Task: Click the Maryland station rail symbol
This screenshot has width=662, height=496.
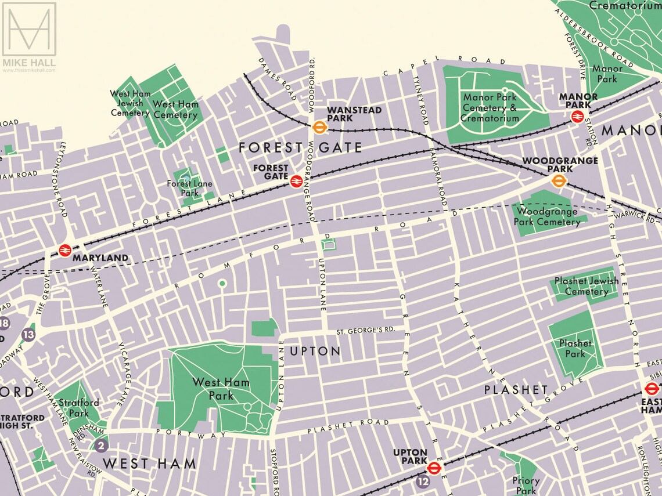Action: coord(64,250)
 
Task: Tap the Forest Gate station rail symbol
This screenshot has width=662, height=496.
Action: coord(296,182)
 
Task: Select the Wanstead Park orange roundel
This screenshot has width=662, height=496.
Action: coord(318,126)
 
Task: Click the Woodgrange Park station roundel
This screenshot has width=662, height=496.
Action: coord(559,180)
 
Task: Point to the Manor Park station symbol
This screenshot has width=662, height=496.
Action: coord(577,117)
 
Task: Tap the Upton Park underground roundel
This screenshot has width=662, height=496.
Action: coord(433,468)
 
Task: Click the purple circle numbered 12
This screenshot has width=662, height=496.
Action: coord(422,481)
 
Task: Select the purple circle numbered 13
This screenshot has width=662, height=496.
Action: coord(28,334)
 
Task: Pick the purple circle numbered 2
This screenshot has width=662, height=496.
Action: coord(101,446)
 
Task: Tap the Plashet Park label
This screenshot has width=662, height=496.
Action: coord(575,348)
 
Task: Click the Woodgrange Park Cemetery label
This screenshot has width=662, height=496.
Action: coord(546,216)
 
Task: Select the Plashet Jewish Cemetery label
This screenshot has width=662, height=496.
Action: coord(586,286)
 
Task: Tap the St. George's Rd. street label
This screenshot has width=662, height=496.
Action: coord(366,331)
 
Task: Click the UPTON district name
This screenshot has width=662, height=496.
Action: coord(315,351)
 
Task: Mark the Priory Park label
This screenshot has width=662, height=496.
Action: coord(526,486)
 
